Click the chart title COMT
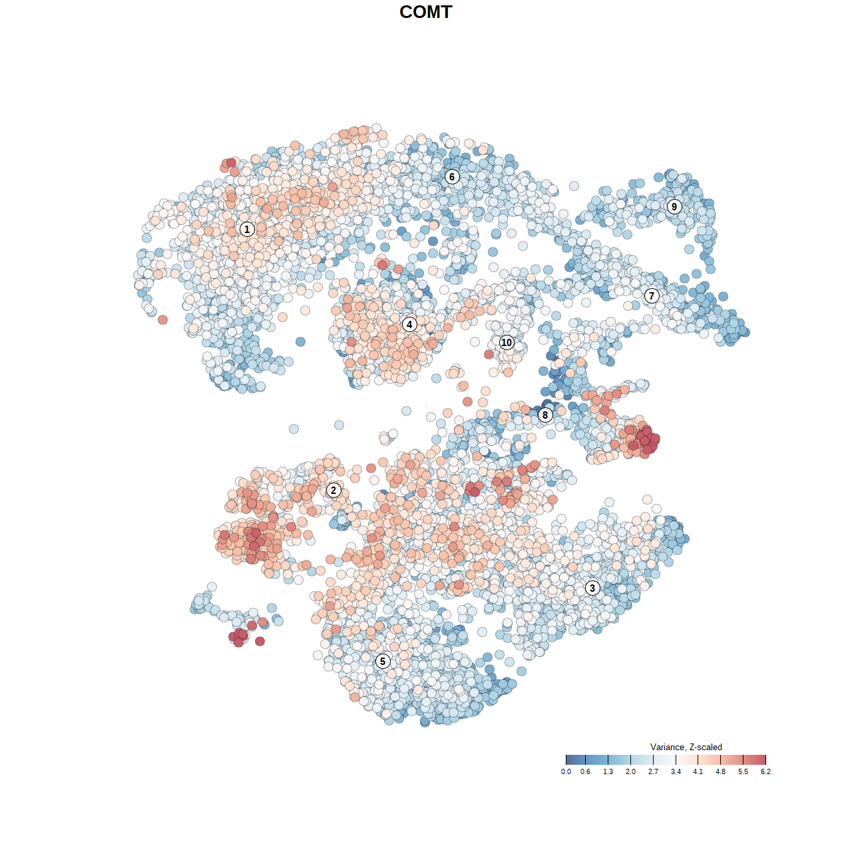pyautogui.click(x=426, y=12)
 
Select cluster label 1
pyautogui.click(x=247, y=229)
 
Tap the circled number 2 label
pyautogui.click(x=333, y=491)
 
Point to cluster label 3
pyautogui.click(x=592, y=588)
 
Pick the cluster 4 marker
pyautogui.click(x=409, y=325)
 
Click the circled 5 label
pyautogui.click(x=383, y=661)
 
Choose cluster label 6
pyautogui.click(x=452, y=176)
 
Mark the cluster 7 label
pyautogui.click(x=652, y=296)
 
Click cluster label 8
pyautogui.click(x=545, y=415)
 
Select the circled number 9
pyautogui.click(x=674, y=206)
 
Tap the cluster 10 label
pyautogui.click(x=507, y=342)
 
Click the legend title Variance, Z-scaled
pyautogui.click(x=686, y=747)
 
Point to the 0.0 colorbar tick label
pyautogui.click(x=566, y=772)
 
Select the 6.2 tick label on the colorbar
pyautogui.click(x=765, y=772)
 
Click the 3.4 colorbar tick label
pyautogui.click(x=676, y=772)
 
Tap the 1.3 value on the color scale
pyautogui.click(x=608, y=772)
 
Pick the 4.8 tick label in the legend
pyautogui.click(x=720, y=772)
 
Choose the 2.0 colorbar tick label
pyautogui.click(x=630, y=772)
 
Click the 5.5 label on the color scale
pyautogui.click(x=743, y=772)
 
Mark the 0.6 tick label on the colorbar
pyautogui.click(x=585, y=772)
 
